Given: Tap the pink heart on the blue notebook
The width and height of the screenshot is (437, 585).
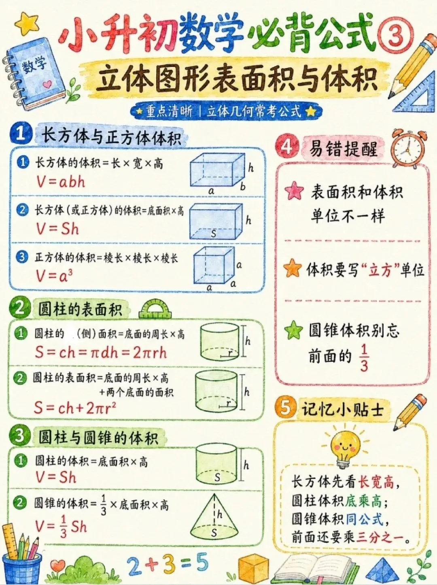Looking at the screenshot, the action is coord(47,84).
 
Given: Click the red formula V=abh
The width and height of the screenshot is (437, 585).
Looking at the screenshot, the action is coord(61,182).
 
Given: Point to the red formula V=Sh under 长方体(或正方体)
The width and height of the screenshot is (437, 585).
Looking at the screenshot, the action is coord(58,229).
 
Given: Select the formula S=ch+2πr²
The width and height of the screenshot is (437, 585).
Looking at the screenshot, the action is coord(75,408).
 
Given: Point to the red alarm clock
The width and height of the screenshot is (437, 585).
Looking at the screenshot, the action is coord(407,149).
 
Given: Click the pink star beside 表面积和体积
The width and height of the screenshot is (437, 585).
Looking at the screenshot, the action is coord(294,191).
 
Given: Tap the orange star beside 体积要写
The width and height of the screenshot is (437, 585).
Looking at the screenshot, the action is coord(293,268).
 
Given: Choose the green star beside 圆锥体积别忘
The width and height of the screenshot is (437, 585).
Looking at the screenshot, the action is coord(293,330).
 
